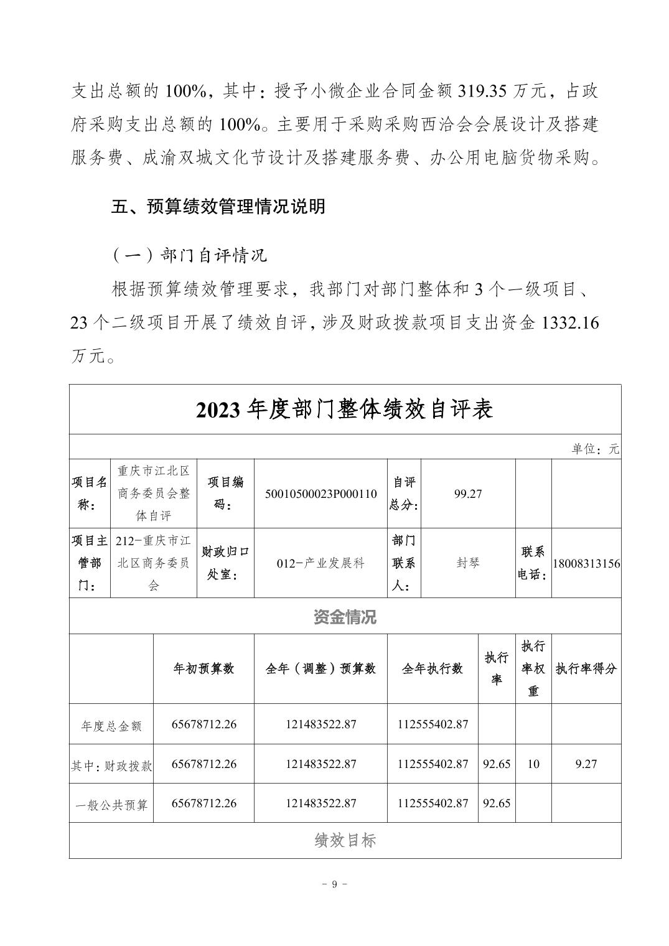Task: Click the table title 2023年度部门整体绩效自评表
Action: pos(344,409)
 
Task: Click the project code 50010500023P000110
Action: pos(320,494)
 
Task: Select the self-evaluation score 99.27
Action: pos(468,494)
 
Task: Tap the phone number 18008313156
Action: pos(586,563)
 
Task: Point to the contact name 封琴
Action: pos(468,563)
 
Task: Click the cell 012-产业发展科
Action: pos(320,563)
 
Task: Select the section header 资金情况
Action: pos(345,617)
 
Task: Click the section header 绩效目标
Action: pos(345,840)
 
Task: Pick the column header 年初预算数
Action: pos(204,668)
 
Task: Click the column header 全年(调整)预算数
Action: pos(320,668)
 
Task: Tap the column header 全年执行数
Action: pos(433,668)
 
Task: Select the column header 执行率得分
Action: pos(586,668)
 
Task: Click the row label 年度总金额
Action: pos(111,725)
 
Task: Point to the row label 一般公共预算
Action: pos(111,804)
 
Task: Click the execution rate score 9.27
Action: pos(586,764)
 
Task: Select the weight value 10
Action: pos(533,764)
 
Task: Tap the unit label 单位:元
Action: pos(596,449)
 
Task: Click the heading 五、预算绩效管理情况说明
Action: pos(218,206)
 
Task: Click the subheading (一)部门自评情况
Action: pos(189,255)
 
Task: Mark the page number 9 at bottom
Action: pos(334,884)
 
